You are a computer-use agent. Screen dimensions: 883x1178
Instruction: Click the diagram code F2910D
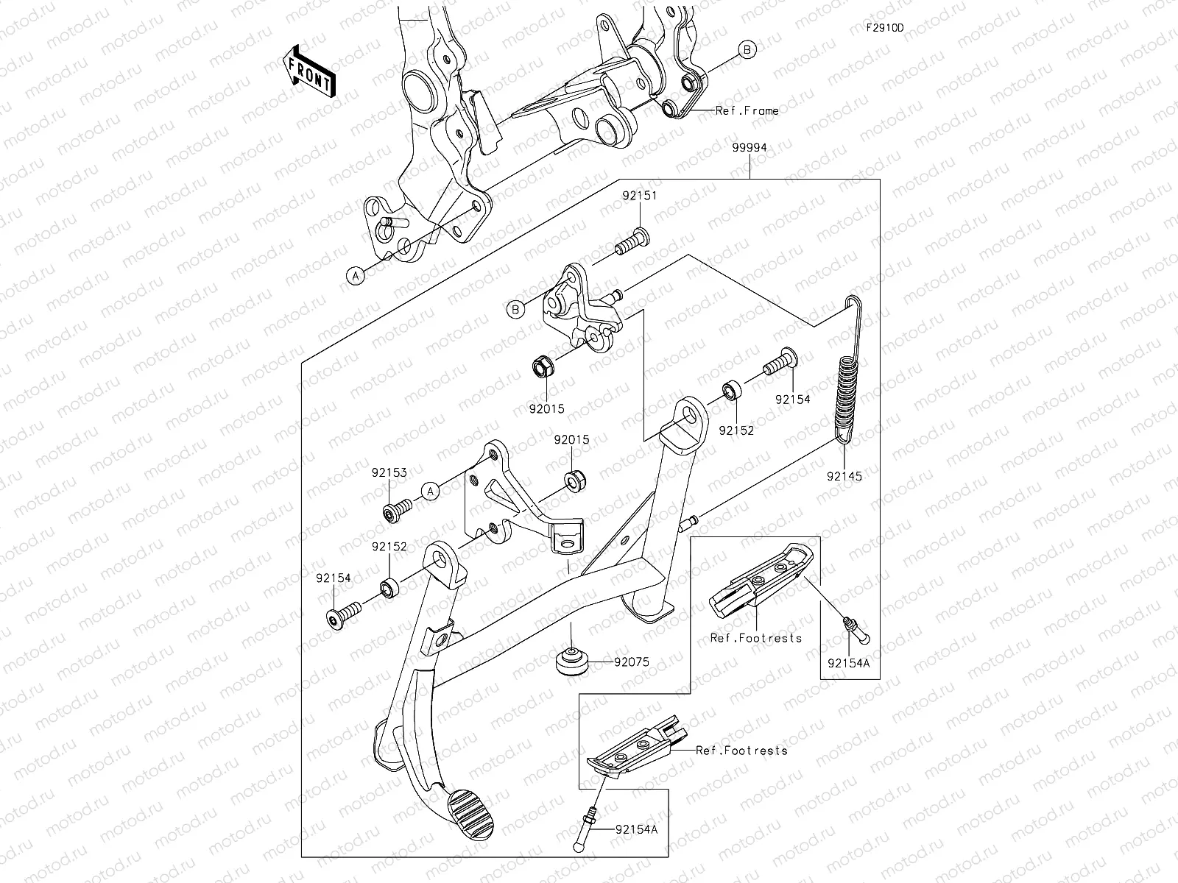pyautogui.click(x=884, y=28)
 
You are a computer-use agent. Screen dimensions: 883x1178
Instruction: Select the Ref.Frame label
pyautogui.click(x=747, y=111)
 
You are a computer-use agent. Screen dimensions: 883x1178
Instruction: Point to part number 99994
pyautogui.click(x=750, y=148)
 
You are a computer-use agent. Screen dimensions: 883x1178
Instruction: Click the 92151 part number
pyautogui.click(x=639, y=196)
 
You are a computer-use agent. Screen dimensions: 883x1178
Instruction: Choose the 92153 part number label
pyautogui.click(x=389, y=473)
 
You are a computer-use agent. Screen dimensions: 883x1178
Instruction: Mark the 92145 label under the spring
pyautogui.click(x=844, y=476)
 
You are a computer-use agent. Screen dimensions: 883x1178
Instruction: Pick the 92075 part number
pyautogui.click(x=632, y=662)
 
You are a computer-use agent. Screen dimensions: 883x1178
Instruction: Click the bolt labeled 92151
pyautogui.click(x=632, y=241)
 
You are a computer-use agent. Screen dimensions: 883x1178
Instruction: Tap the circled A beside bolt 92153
pyautogui.click(x=430, y=489)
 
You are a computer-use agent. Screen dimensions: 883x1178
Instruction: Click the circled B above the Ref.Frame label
pyautogui.click(x=747, y=50)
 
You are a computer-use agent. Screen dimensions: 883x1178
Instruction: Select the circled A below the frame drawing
pyautogui.click(x=356, y=275)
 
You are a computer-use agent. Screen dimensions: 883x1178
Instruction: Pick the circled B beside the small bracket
pyautogui.click(x=516, y=310)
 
